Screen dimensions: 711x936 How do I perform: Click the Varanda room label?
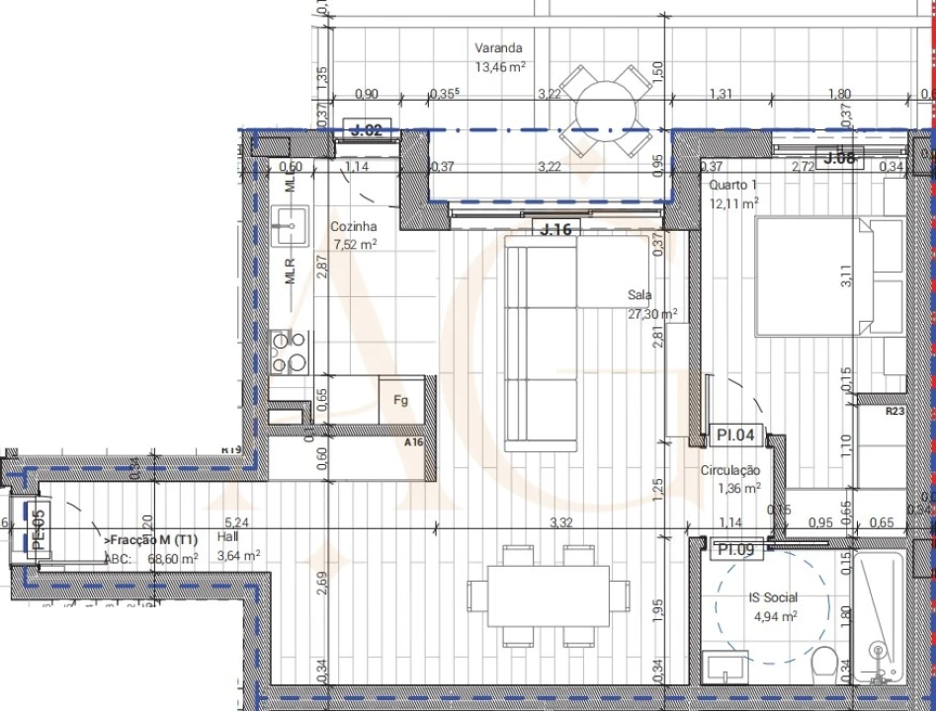[x=498, y=47]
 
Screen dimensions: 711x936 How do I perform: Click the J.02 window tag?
[x=367, y=129]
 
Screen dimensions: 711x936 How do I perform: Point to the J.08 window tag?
[x=839, y=158]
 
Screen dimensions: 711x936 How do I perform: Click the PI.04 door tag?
[x=734, y=434]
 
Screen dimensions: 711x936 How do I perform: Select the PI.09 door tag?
[x=735, y=549]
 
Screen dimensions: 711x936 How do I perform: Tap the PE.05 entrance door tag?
[x=39, y=529]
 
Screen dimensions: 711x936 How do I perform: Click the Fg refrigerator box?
[x=401, y=400]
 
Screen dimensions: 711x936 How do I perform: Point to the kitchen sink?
[x=290, y=227]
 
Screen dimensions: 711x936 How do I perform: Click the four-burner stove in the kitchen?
[x=289, y=352]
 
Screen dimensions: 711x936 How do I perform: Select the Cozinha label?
[x=353, y=226]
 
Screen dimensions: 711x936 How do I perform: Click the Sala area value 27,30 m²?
[x=652, y=313]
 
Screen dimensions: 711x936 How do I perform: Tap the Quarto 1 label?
[x=733, y=186]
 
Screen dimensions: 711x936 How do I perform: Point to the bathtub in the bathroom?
[x=878, y=617]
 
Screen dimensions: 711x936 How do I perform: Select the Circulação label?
[x=729, y=471]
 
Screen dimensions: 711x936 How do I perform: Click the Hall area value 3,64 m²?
[x=237, y=556]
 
